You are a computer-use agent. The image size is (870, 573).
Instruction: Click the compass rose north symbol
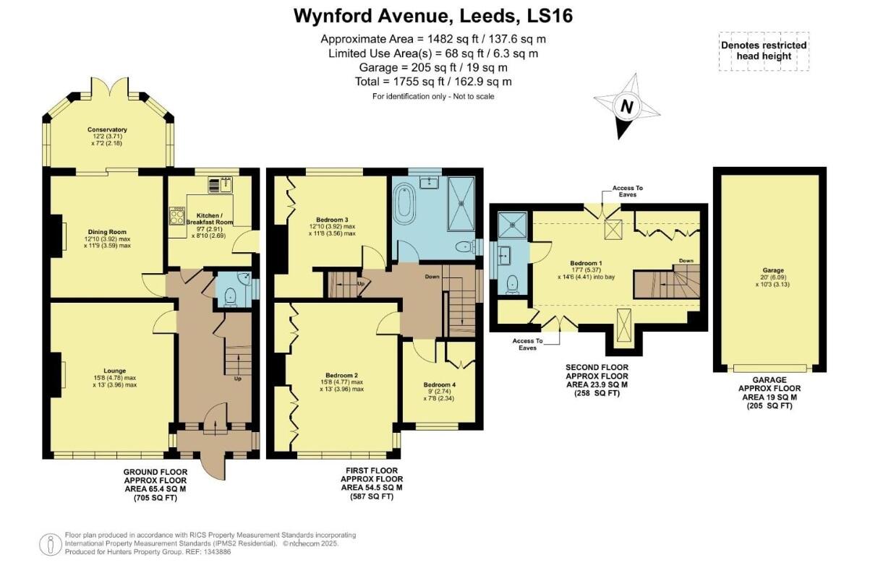627,107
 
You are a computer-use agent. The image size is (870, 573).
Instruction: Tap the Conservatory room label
107,130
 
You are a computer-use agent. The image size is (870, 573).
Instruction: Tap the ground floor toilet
230,296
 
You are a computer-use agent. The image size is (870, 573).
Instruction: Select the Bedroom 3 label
332,220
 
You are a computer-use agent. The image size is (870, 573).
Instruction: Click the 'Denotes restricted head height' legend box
764,51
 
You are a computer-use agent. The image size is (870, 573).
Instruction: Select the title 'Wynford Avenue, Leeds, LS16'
434,15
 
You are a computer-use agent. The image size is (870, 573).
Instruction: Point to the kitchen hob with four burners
176,216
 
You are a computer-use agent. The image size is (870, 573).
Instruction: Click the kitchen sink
221,185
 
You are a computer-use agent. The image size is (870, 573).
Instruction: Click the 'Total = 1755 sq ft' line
434,82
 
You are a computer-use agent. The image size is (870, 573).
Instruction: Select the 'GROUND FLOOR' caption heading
156,470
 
